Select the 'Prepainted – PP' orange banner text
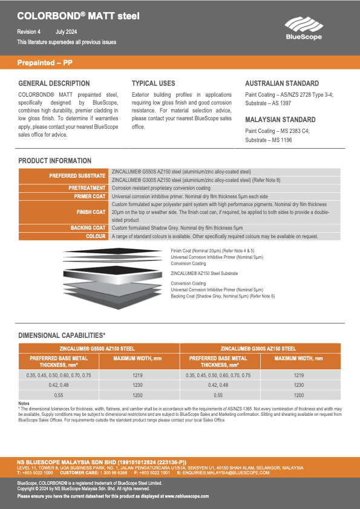click(x=45, y=63)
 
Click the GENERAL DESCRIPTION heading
click(x=54, y=83)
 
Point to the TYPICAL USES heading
click(x=154, y=83)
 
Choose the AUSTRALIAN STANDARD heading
click(x=282, y=83)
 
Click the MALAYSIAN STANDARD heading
click(x=280, y=120)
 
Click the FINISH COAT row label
click(x=91, y=212)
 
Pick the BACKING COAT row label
click(x=88, y=228)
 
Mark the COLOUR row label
click(x=96, y=236)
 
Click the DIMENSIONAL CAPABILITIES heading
click(x=62, y=335)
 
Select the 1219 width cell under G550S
click(x=137, y=375)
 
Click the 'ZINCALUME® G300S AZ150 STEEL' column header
click(x=258, y=348)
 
